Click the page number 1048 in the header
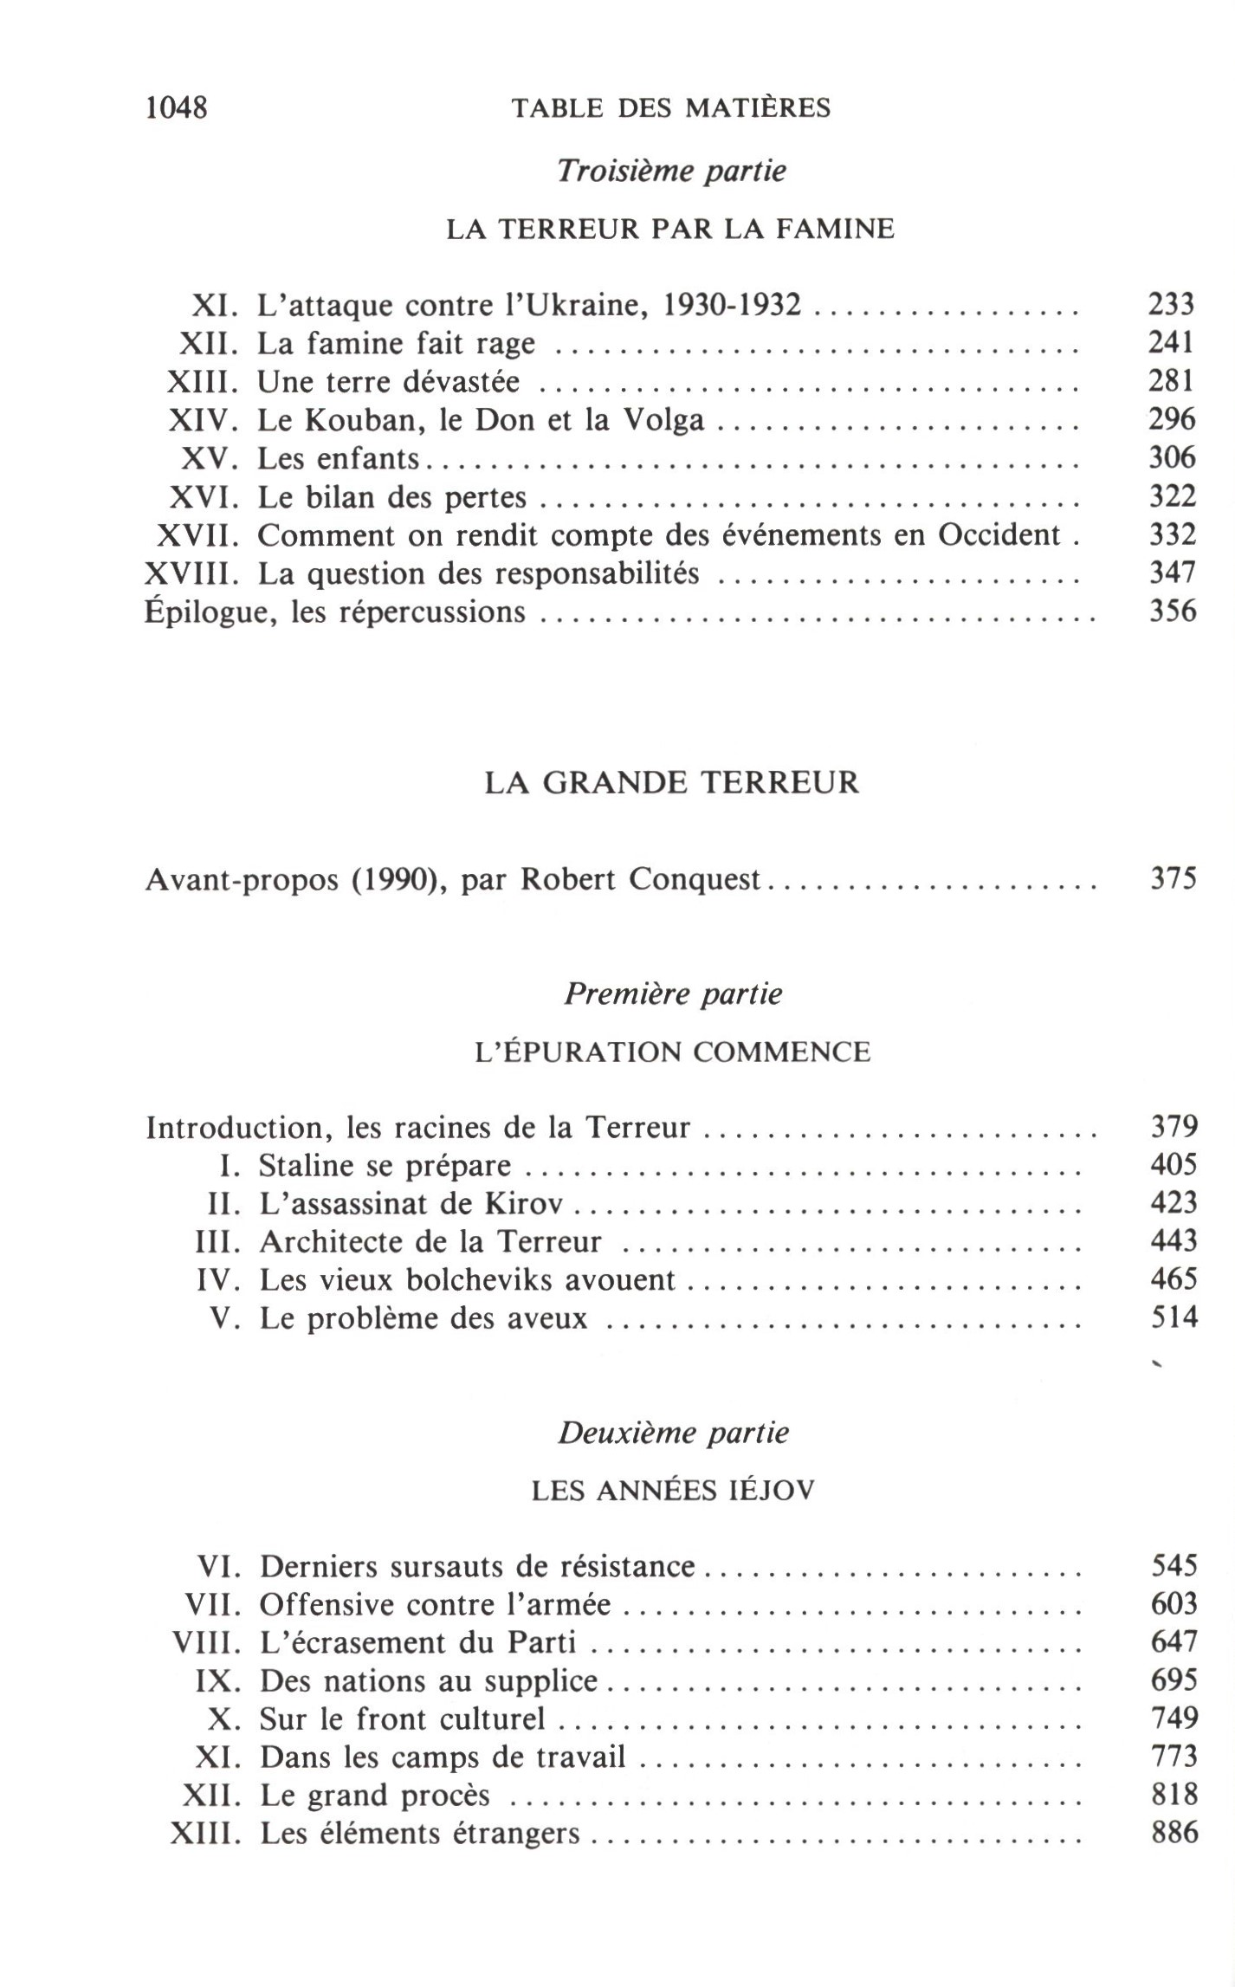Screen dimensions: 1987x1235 (x=177, y=108)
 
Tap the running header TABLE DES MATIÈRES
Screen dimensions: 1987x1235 (x=671, y=108)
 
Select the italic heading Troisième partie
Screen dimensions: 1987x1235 (x=671, y=171)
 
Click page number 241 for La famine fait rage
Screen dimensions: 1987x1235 (x=1172, y=343)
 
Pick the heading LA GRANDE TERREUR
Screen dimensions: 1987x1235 (x=671, y=782)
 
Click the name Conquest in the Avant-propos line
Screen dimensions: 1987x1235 (x=695, y=879)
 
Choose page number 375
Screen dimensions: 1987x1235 (x=1174, y=879)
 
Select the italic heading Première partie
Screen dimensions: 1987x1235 (x=673, y=993)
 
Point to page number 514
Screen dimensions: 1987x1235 (x=1174, y=1317)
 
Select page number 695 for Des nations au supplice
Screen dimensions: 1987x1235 (x=1174, y=1680)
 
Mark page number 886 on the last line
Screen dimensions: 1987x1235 (x=1174, y=1833)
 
